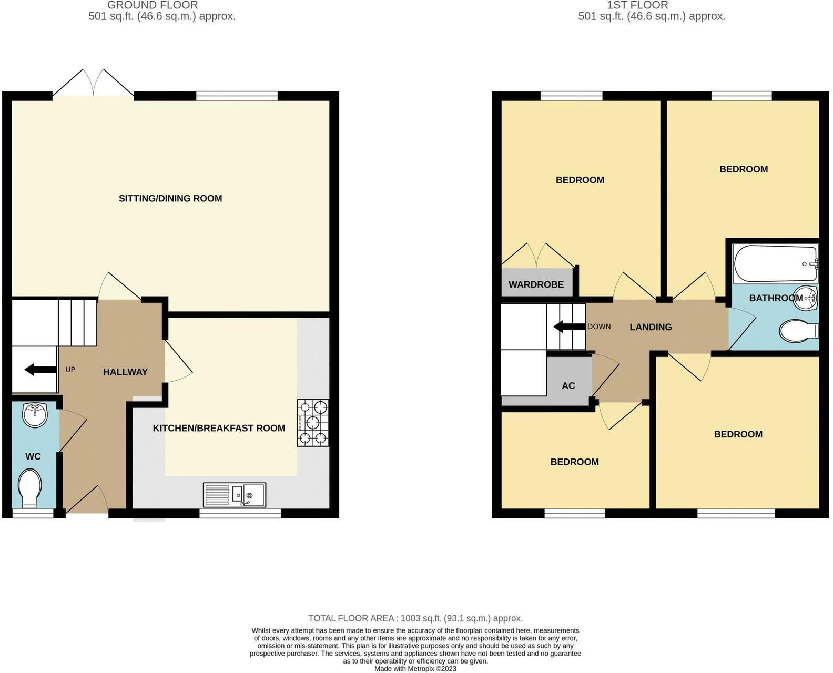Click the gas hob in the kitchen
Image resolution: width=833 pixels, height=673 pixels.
tap(313, 423)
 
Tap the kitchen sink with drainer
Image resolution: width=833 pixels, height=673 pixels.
tap(235, 494)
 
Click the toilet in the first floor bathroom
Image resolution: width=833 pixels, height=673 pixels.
tap(798, 331)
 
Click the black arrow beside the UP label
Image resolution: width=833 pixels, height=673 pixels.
tap(40, 370)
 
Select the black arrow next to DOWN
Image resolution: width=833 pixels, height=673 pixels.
tap(569, 327)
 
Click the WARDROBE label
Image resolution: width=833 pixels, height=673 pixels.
tap(536, 284)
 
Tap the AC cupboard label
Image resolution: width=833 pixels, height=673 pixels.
tap(568, 386)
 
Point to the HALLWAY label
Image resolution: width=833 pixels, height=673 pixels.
tap(125, 372)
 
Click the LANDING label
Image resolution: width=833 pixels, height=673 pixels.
tap(651, 327)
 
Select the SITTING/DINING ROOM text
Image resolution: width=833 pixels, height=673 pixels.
tap(170, 198)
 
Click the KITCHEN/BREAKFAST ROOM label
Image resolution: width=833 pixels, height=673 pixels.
tap(219, 428)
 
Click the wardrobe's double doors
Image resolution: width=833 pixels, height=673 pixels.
tap(537, 256)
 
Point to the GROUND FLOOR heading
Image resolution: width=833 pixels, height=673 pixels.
tap(153, 5)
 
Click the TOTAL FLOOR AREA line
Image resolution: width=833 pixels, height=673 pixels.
tap(415, 618)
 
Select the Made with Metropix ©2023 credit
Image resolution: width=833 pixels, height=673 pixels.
tap(415, 669)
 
